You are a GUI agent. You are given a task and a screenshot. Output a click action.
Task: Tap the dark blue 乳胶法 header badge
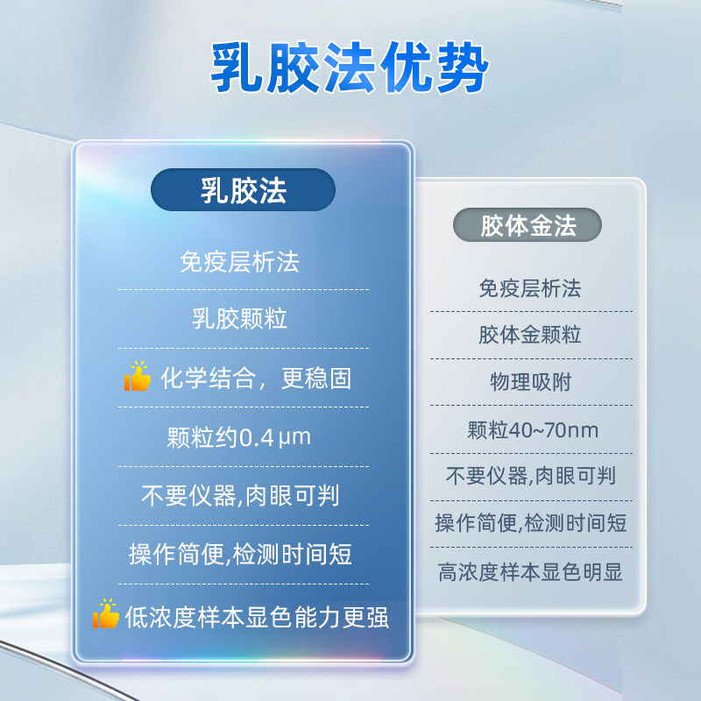[x=243, y=190]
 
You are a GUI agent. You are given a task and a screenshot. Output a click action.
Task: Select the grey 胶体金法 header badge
[x=528, y=226]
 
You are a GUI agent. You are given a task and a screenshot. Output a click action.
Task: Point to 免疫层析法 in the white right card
[x=529, y=287]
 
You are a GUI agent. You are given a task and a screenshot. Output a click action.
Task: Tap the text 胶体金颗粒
[x=529, y=335]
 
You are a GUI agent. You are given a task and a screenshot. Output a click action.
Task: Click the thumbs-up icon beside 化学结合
[x=137, y=378]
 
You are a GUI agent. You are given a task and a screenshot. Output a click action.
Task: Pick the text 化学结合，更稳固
[x=256, y=379]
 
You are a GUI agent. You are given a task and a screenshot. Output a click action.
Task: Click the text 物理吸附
[x=529, y=382]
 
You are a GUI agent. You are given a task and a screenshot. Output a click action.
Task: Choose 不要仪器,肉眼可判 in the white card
[x=530, y=476]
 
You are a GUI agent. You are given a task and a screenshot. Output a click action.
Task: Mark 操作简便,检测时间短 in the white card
[x=530, y=524]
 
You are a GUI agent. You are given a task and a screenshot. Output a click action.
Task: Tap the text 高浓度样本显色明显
[x=530, y=573]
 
